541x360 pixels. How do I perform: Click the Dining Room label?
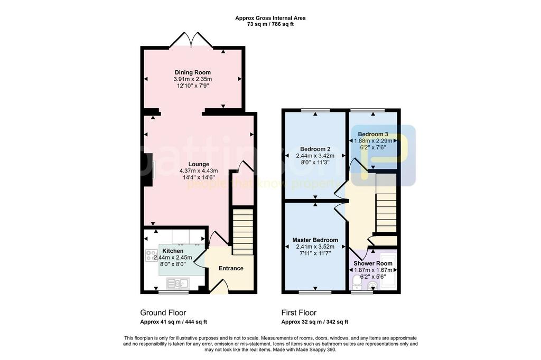[192, 72]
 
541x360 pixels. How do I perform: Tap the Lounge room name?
[199, 164]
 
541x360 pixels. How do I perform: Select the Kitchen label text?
[173, 251]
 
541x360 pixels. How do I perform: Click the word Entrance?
[231, 268]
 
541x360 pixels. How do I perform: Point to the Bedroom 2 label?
[315, 149]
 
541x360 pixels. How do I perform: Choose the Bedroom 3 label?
[372, 134]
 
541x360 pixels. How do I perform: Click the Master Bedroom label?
[315, 240]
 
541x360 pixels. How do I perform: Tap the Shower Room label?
[372, 263]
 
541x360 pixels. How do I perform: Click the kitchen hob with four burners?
[151, 255]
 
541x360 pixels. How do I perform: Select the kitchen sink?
[178, 283]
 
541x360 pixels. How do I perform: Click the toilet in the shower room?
[357, 283]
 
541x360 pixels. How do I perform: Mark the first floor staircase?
[386, 213]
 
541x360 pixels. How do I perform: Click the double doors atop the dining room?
[191, 40]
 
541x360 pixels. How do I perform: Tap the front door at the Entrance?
[220, 287]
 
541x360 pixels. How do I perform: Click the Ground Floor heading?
[163, 313]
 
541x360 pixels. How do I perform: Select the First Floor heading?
[299, 313]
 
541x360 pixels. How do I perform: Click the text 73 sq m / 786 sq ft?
[270, 24]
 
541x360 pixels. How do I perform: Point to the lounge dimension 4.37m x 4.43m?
[199, 170]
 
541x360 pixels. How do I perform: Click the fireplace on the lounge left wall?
[148, 170]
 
